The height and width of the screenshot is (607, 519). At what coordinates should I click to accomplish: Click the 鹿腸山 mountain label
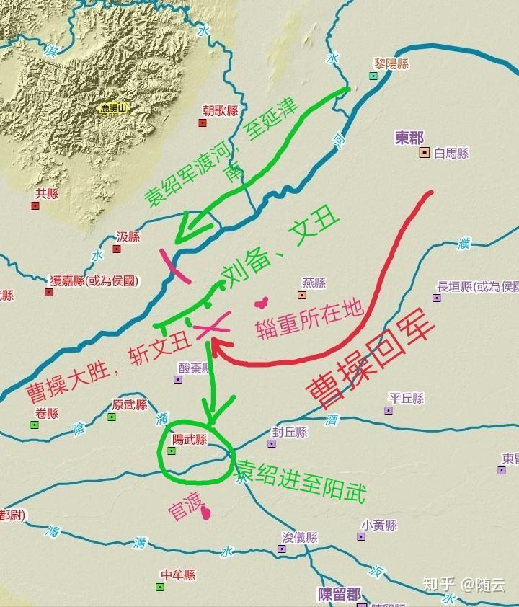pyautogui.click(x=112, y=109)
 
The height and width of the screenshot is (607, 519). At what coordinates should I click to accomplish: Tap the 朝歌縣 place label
pyautogui.click(x=220, y=110)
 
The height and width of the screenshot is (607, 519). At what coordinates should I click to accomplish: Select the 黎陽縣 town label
pyautogui.click(x=391, y=63)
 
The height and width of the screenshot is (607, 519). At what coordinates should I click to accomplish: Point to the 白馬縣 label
pyautogui.click(x=451, y=153)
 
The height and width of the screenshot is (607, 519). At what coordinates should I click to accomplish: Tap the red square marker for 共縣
pyautogui.click(x=35, y=206)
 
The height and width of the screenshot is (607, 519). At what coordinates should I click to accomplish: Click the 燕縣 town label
pyautogui.click(x=314, y=283)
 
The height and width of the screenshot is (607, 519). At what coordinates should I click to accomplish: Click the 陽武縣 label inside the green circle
pyautogui.click(x=190, y=439)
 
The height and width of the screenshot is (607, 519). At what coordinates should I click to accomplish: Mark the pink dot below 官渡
pyautogui.click(x=206, y=513)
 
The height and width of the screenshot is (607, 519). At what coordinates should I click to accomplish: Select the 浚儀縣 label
pyautogui.click(x=299, y=538)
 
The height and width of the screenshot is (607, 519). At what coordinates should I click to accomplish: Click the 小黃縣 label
pyautogui.click(x=380, y=525)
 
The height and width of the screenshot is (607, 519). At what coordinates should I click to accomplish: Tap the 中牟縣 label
pyautogui.click(x=178, y=575)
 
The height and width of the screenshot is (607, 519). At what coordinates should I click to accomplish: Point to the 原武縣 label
pyautogui.click(x=130, y=405)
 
